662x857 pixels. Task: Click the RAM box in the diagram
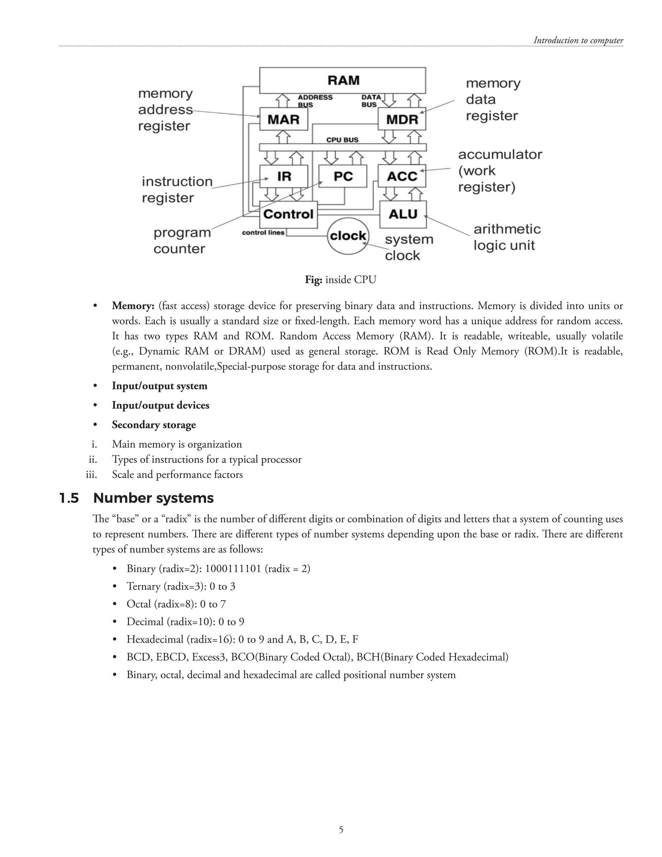(x=343, y=80)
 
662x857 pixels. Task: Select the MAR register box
(x=283, y=119)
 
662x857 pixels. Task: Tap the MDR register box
(x=401, y=119)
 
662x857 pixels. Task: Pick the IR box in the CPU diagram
(x=283, y=176)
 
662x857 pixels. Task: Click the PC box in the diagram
(x=343, y=176)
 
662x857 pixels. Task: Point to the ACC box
(x=401, y=176)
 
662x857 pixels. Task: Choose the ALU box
(x=403, y=214)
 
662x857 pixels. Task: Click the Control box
(x=288, y=214)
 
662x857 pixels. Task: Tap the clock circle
(x=348, y=236)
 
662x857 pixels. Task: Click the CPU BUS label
(x=342, y=140)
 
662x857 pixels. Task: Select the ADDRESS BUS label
(x=315, y=101)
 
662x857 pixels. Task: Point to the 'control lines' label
(x=263, y=233)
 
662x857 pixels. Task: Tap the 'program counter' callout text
(x=182, y=241)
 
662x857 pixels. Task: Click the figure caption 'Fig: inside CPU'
(x=340, y=280)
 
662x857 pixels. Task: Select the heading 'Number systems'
(x=153, y=498)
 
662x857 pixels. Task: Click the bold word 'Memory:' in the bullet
(x=133, y=306)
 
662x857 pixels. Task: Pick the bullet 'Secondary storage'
(x=154, y=425)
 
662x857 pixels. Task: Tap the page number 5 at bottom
(x=341, y=830)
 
